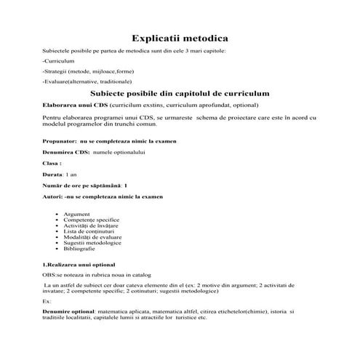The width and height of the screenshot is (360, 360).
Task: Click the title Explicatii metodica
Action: point(180,37)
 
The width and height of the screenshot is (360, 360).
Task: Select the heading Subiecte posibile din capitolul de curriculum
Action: point(180,94)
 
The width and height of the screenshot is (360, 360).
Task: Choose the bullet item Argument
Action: point(77,214)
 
